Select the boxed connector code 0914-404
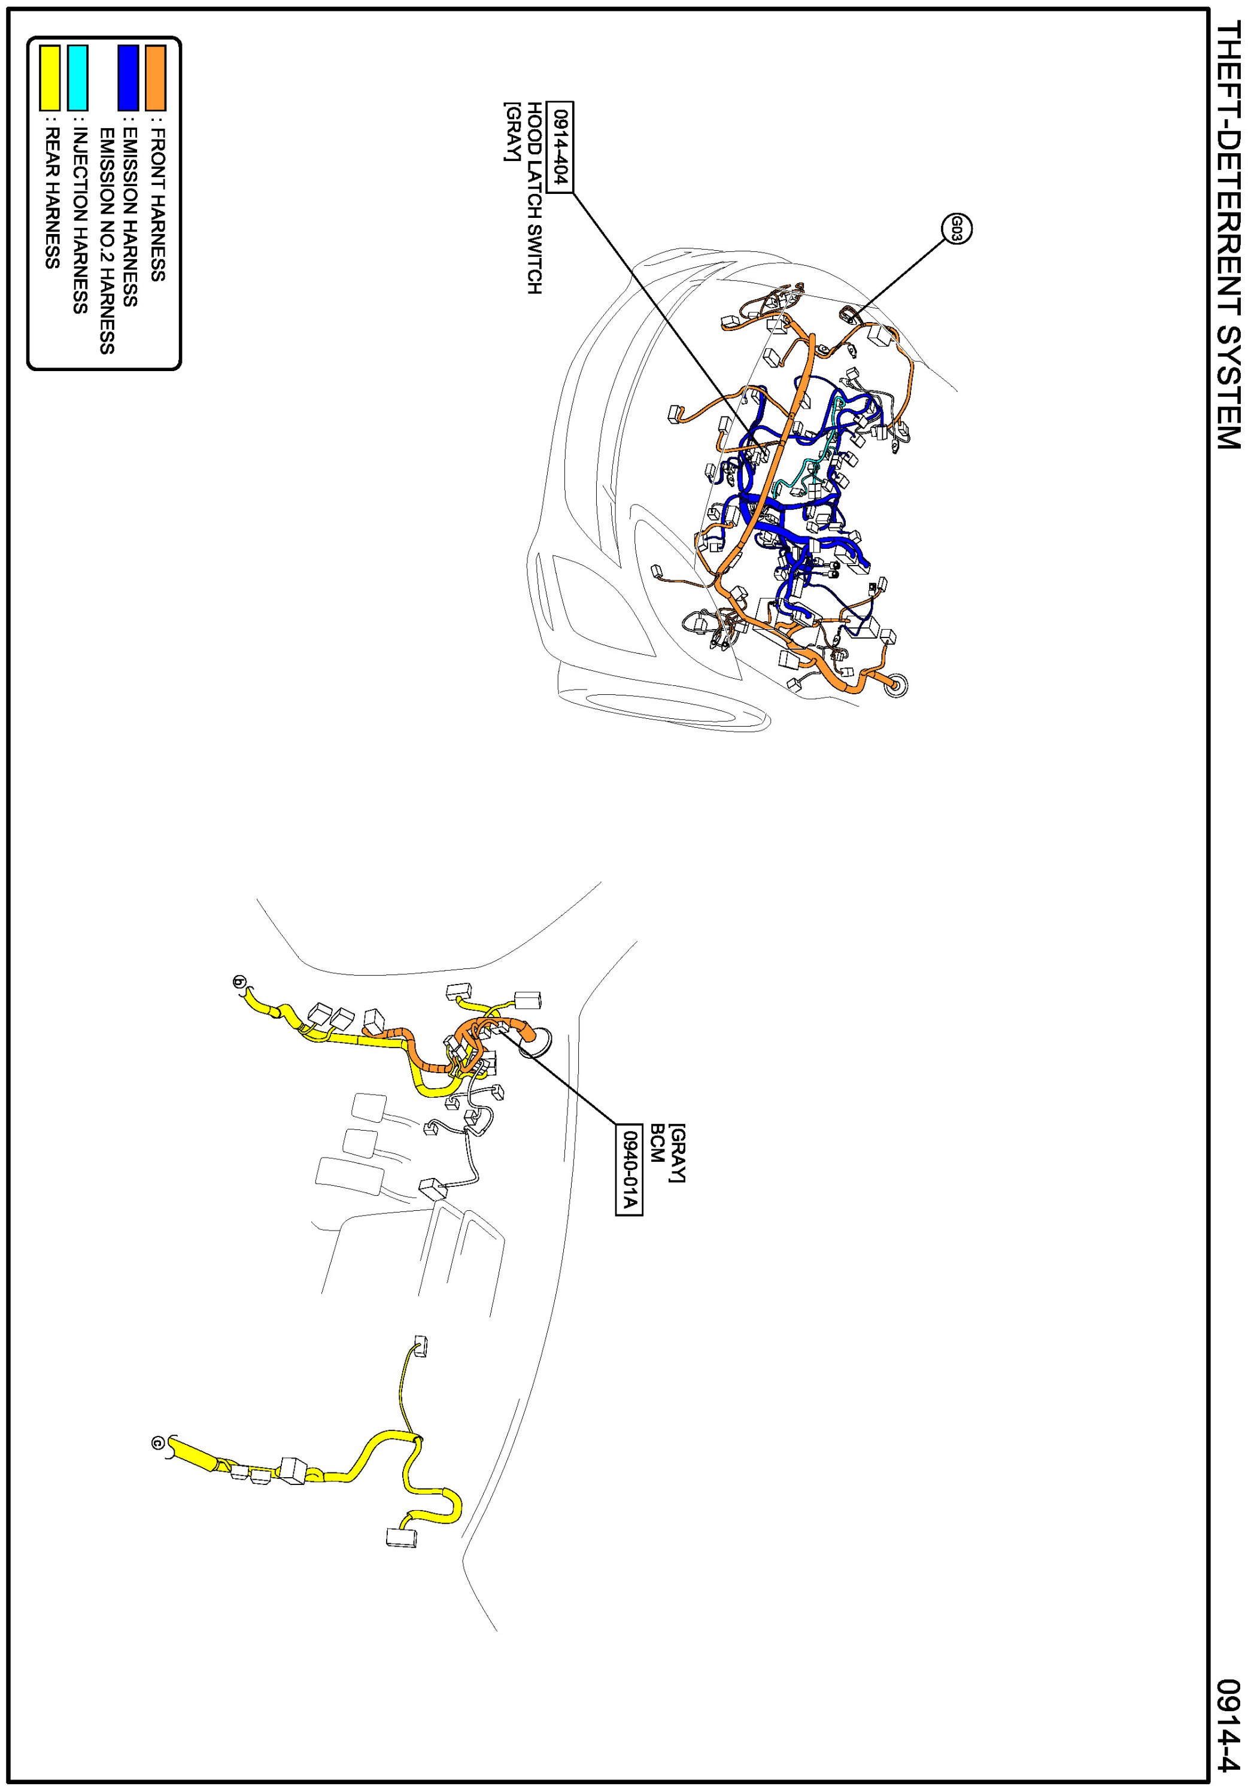tap(560, 147)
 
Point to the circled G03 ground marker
tap(956, 229)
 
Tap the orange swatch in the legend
tap(155, 77)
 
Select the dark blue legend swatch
tap(128, 77)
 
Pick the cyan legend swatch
tap(78, 77)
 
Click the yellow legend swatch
tap(50, 77)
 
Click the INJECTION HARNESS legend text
tap(79, 215)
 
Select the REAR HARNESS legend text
tap(51, 191)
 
